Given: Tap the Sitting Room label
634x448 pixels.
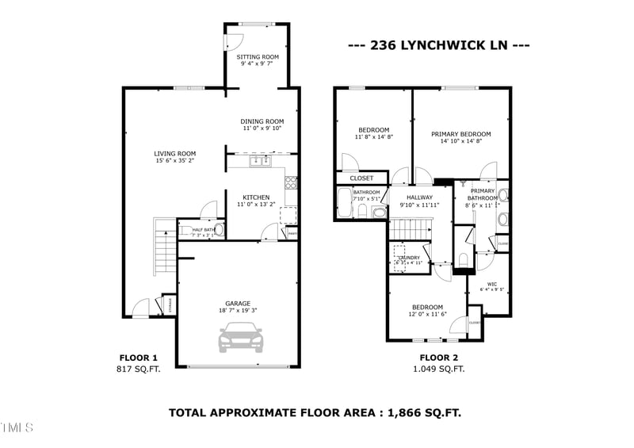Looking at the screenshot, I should click(x=258, y=57).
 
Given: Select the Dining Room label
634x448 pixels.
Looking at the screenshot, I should click(x=262, y=121).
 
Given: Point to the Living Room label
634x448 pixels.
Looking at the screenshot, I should click(x=174, y=154).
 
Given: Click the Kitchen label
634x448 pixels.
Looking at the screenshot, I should click(x=255, y=197).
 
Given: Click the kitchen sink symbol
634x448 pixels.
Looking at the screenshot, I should click(x=258, y=162).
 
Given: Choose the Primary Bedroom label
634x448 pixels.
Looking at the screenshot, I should click(x=460, y=134).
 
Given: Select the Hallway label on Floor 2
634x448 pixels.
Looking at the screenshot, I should click(x=419, y=197).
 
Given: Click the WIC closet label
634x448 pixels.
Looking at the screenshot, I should click(x=492, y=283).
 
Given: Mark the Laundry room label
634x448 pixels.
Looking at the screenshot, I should click(x=408, y=256).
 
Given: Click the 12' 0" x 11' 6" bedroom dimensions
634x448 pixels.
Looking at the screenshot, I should click(x=427, y=315).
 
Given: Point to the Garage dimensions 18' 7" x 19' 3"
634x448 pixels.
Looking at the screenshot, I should click(x=238, y=310).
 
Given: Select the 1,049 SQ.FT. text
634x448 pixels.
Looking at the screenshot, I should click(x=439, y=369).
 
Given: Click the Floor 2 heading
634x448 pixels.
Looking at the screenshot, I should click(x=439, y=358).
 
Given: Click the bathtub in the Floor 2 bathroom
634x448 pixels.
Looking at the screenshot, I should click(x=343, y=204).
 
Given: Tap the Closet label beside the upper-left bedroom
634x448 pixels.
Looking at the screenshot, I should click(x=361, y=178).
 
